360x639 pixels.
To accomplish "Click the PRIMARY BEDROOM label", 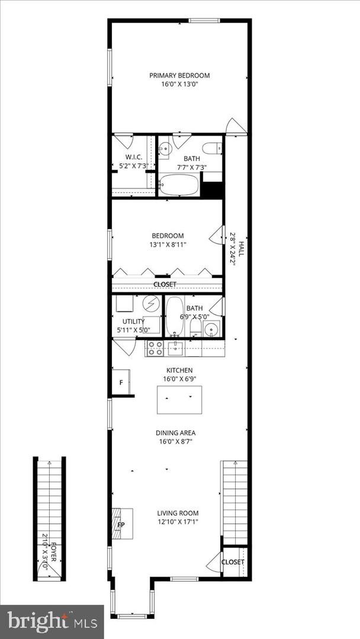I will (179, 75).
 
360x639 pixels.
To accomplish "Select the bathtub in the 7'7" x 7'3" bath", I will (179, 185).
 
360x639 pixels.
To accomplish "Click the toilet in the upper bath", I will (211, 148).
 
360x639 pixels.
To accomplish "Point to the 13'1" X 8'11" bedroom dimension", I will (168, 245).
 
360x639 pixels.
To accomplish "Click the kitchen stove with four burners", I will (155, 348).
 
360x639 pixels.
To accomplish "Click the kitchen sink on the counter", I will (175, 348).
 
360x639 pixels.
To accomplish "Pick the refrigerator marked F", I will (121, 383).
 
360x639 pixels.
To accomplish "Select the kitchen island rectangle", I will (179, 400).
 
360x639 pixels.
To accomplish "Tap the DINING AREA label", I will (175, 433).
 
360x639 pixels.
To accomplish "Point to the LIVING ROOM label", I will (178, 513).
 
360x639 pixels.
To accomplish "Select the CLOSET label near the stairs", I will (233, 561).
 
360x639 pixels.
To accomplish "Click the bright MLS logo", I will (52, 621).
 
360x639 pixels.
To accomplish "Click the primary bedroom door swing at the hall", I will (236, 127).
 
